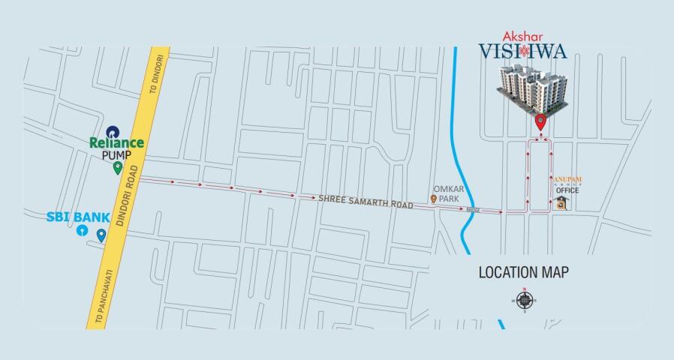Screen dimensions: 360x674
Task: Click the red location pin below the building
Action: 540,122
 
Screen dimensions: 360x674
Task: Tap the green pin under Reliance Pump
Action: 117,167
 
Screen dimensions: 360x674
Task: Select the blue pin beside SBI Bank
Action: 101,235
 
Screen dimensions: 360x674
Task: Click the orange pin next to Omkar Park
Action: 433,199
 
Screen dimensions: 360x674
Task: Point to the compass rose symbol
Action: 524,301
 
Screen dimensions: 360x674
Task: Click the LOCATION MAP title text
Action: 524,272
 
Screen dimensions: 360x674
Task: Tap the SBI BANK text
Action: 78,217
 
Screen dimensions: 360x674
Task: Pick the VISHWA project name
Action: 523,52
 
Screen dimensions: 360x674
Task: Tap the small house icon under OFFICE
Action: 561,204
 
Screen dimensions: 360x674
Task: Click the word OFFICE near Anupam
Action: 567,190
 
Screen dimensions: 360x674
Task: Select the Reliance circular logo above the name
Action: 113,130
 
